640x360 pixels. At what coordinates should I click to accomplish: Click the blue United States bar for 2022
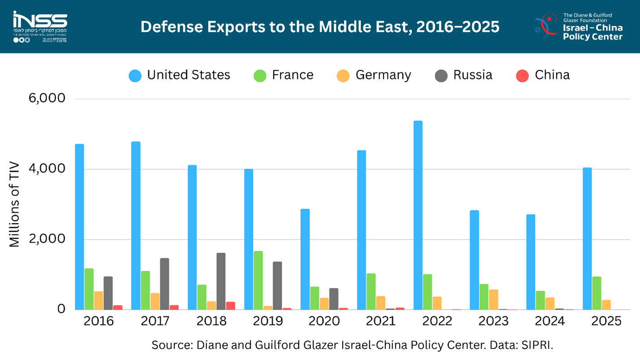[x=418, y=215]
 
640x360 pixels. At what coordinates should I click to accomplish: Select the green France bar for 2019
[x=258, y=280]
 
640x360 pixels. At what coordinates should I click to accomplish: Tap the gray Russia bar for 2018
[x=221, y=281]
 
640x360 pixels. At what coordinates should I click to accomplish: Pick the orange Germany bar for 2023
[x=493, y=299]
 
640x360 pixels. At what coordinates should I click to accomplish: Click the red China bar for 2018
[x=230, y=306]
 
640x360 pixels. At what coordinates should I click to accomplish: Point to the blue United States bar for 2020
[x=305, y=259]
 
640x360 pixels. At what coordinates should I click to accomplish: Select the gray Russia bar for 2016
[x=108, y=293]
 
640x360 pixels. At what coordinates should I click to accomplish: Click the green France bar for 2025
[x=596, y=293]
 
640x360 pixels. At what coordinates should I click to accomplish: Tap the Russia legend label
[x=472, y=75]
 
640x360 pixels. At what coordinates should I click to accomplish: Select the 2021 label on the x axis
[x=381, y=321]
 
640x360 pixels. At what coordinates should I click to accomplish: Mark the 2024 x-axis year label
[x=550, y=321]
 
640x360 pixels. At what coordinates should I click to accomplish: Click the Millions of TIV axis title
[x=15, y=204]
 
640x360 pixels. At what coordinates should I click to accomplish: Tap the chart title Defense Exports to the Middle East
[x=320, y=26]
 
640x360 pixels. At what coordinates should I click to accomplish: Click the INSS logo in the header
[x=40, y=26]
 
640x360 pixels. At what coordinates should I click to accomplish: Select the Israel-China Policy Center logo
[x=578, y=26]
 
